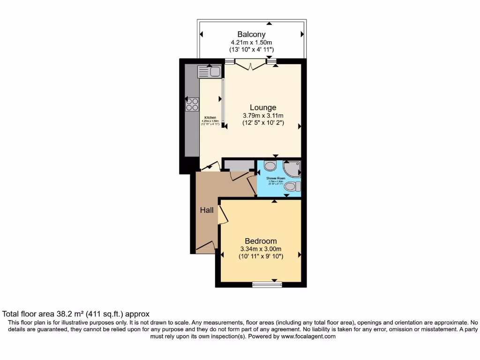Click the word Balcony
(251, 34)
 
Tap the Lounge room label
(262, 107)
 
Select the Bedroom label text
(261, 241)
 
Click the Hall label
(207, 210)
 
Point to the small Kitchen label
(210, 117)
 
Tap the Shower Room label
(276, 179)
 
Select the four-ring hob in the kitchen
(192, 104)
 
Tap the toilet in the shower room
(292, 187)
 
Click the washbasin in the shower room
(270, 166)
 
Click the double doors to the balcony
(250, 66)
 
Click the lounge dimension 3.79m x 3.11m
(263, 116)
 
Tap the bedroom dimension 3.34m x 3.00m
(261, 249)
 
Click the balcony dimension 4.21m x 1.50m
(251, 42)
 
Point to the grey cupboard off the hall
(239, 165)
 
